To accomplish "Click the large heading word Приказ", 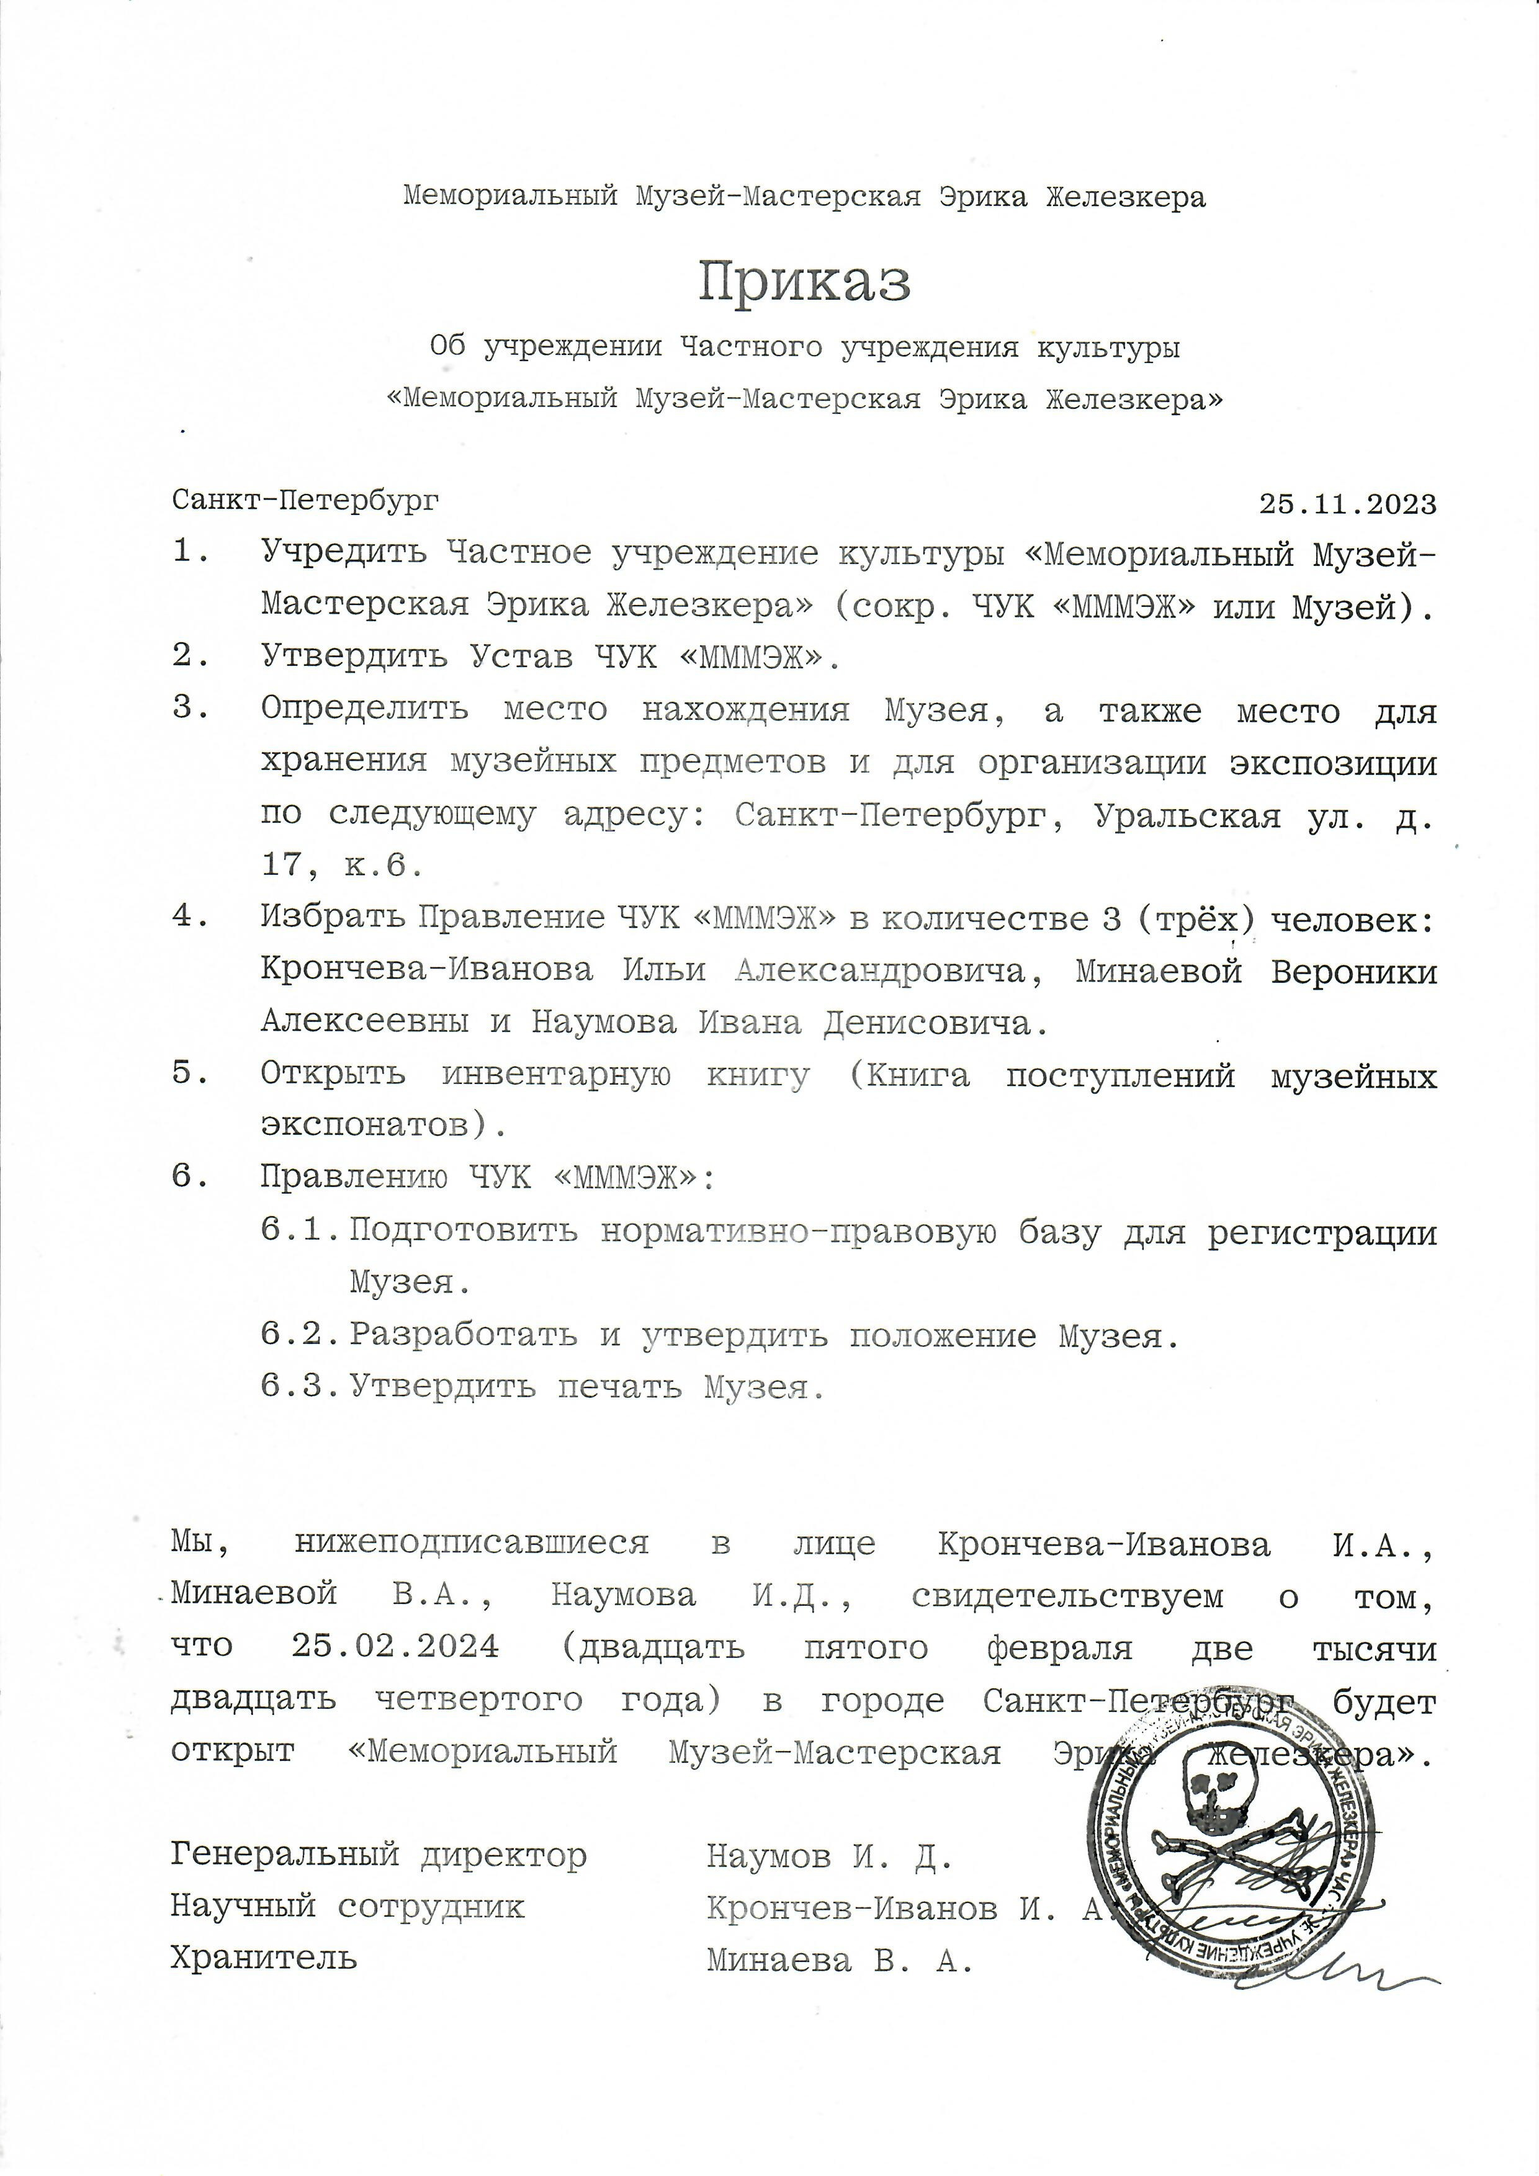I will [805, 282].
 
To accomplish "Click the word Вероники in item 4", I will [1353, 972].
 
